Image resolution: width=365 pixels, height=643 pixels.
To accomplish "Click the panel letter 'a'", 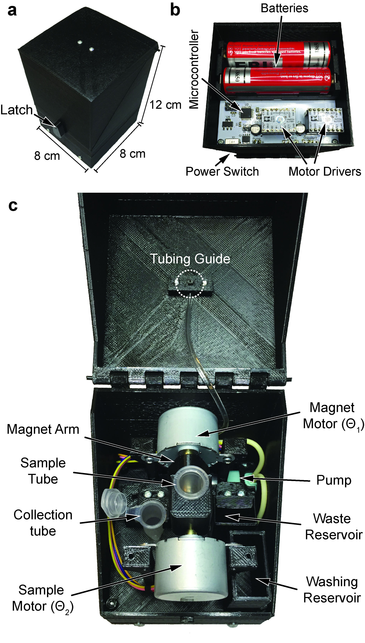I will [x=12, y=11].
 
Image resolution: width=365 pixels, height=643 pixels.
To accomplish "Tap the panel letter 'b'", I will [x=175, y=11].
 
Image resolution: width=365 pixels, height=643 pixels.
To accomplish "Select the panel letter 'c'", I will [x=13, y=206].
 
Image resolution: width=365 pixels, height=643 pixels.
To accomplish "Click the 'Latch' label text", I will [x=17, y=110].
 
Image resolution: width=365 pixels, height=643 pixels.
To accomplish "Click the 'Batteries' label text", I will [x=284, y=8].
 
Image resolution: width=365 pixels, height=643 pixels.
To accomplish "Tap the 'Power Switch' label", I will [x=222, y=172].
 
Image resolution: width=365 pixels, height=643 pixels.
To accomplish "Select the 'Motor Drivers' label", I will [x=325, y=172].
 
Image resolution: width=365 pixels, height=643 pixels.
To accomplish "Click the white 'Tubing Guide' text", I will [x=190, y=259].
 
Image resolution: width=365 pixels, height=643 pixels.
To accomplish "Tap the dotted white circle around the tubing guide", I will [x=190, y=284].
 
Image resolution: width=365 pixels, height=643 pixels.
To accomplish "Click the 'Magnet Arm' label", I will [x=43, y=429].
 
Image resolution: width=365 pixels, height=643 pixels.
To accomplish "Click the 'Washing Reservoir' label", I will [x=332, y=590].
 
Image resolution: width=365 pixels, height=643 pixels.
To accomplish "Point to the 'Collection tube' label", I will [x=43, y=523].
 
